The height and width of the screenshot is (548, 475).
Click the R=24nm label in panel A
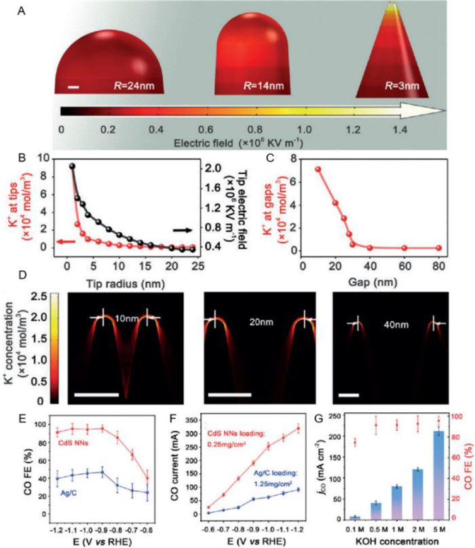[x=133, y=86]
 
